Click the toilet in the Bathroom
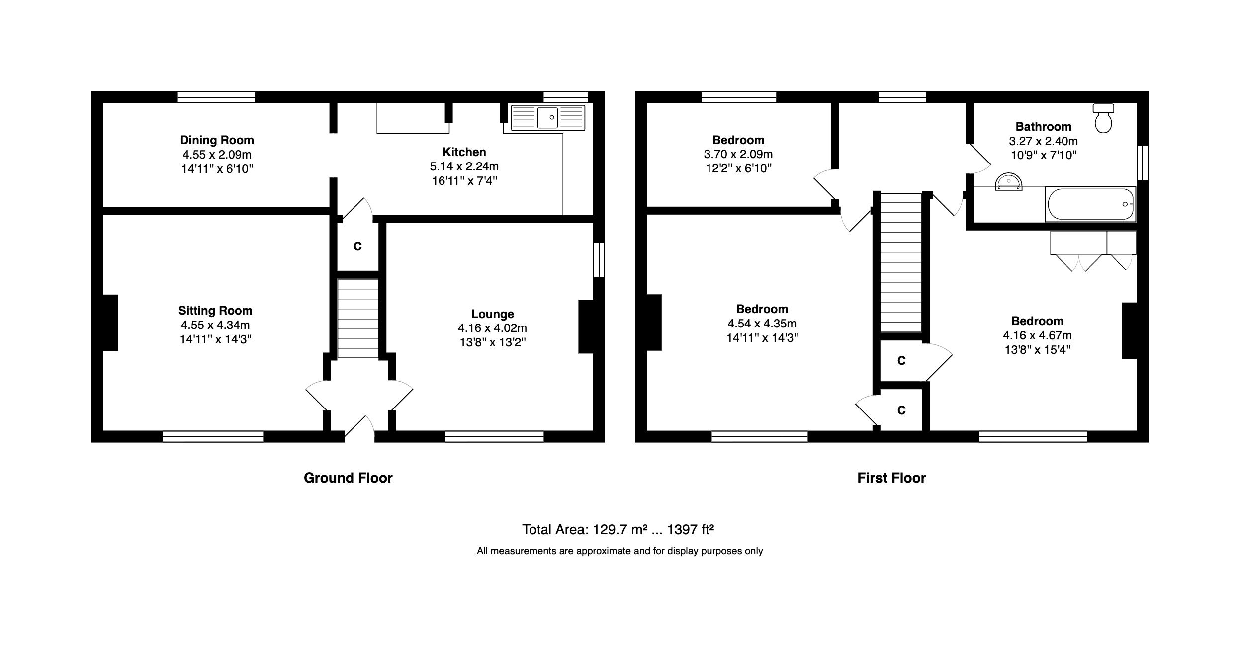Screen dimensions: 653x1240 [x=1103, y=119]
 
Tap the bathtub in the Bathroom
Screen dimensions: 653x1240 [x=1090, y=204]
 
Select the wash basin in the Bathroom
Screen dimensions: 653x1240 [x=1008, y=182]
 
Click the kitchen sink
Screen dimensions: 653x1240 [x=548, y=118]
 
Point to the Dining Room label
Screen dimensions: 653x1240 [x=217, y=140]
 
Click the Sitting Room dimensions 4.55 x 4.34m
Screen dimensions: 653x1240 [x=215, y=325]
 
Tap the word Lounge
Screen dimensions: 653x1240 [x=492, y=314]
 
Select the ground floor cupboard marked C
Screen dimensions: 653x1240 [x=357, y=246]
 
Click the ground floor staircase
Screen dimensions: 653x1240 [x=357, y=319]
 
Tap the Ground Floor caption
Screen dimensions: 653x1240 [x=348, y=478]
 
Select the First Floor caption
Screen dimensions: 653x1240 [x=891, y=478]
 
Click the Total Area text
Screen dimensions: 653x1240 [x=618, y=529]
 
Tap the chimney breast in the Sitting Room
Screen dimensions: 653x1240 [x=110, y=323]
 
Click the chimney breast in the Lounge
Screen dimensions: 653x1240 [x=586, y=326]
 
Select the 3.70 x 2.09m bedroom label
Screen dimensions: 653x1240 [x=738, y=154]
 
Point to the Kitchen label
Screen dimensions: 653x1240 [x=464, y=152]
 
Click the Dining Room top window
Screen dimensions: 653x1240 [x=216, y=97]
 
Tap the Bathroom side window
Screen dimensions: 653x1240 [x=1143, y=163]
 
